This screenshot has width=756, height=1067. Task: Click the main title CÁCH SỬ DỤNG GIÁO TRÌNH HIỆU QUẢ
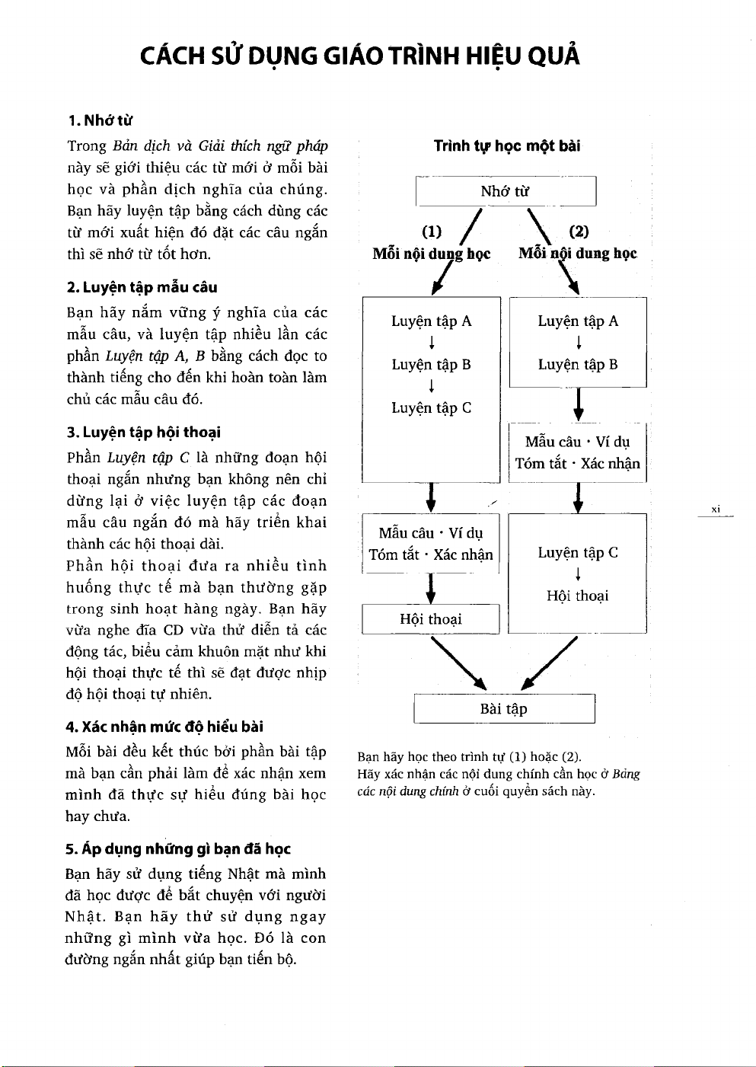359,56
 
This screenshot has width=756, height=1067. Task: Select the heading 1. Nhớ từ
100,120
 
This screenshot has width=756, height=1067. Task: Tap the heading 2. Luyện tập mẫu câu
142,287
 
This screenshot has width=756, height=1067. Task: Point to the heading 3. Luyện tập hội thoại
144,433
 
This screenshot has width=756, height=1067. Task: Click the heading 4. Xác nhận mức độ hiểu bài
164,727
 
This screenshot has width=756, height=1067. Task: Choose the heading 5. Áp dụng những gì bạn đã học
178,848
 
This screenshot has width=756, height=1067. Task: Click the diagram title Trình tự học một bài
506,145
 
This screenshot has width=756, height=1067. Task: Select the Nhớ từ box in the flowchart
506,191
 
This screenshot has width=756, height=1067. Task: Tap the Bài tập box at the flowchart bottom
503,709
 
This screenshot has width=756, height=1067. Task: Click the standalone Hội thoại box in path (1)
431,619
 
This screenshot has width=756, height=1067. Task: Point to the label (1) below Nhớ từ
432,232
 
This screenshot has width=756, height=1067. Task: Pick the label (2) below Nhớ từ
579,232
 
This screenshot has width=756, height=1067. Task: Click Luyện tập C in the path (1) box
431,408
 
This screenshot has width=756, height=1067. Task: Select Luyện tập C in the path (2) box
577,553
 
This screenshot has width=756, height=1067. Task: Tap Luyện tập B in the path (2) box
577,365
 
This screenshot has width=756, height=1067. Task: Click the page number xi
716,509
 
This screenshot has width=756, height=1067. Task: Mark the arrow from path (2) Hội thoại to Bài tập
548,663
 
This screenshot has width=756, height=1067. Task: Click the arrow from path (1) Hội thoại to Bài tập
459,663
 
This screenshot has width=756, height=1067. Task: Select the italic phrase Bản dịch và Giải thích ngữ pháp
220,146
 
